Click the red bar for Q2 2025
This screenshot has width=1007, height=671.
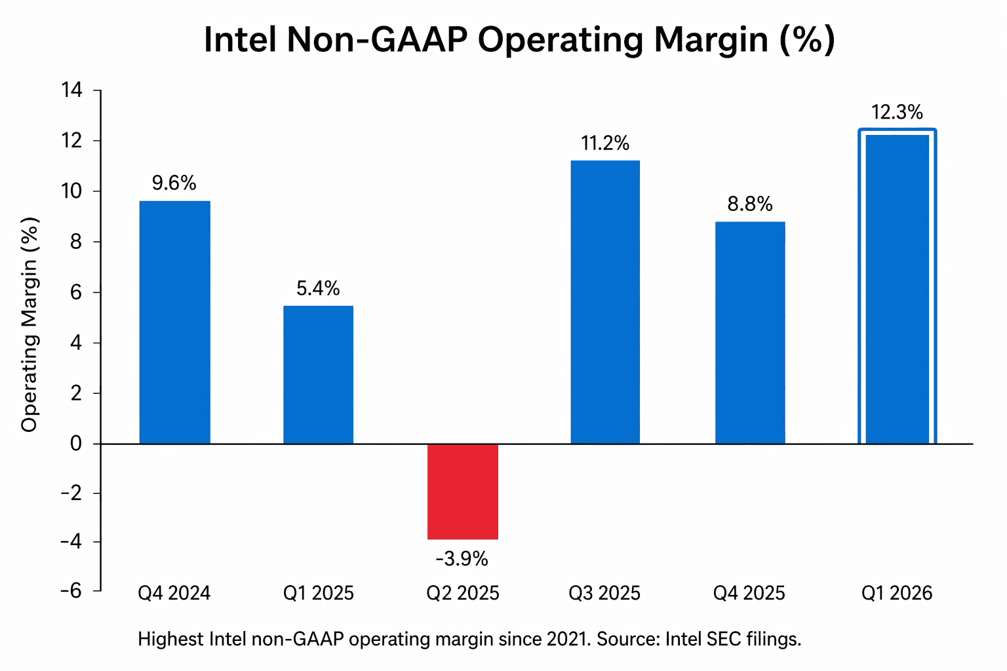coord(462,491)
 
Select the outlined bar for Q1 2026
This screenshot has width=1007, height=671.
coord(897,288)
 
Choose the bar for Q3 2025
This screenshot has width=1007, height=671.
coord(605,302)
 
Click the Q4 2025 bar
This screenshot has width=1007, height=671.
coord(749,333)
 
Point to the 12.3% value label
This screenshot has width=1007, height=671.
coord(897,113)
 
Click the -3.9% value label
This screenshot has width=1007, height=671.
coord(462,559)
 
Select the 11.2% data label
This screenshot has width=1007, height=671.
coord(605,144)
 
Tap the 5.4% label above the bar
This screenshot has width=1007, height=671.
coord(318,289)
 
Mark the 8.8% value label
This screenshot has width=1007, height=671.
coord(749,204)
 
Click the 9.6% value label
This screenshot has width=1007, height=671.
coord(174,183)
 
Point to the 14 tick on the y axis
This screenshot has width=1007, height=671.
coord(72,90)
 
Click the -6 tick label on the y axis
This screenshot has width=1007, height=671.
coord(71,591)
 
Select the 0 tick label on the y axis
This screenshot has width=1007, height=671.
coord(77,444)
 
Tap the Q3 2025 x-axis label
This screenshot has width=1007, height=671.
coord(604,594)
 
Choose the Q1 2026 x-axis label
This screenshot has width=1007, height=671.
coord(896,594)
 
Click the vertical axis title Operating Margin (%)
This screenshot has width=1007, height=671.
coord(30,324)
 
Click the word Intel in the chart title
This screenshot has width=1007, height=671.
coord(240,40)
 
